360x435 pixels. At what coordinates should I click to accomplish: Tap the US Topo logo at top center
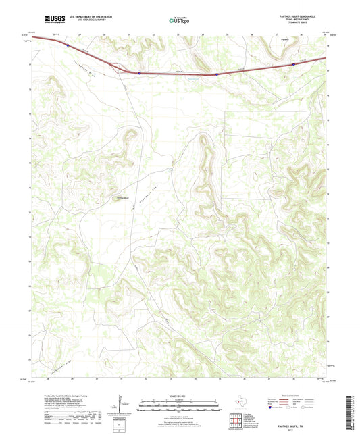pos(179,20)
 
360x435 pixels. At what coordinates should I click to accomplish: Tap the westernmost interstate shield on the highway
pos(68,45)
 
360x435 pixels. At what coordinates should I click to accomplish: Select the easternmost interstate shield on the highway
pos(294,65)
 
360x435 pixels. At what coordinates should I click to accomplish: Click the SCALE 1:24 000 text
pos(180,396)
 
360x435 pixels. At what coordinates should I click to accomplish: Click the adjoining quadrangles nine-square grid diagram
pos(234,421)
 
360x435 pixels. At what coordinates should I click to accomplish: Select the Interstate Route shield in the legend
pos(272,409)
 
